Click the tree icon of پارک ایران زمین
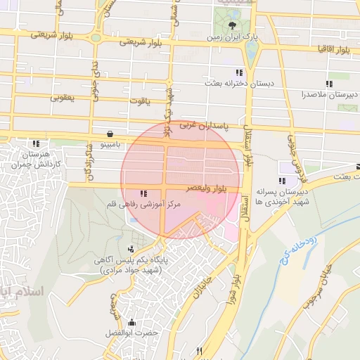click(232, 24)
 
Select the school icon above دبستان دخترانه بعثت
click(240, 72)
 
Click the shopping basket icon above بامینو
click(110, 134)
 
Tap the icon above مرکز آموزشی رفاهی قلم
click(144, 193)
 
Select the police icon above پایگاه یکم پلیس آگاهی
click(131, 249)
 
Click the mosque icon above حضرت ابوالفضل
click(131, 323)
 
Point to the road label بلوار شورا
click(238, 274)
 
